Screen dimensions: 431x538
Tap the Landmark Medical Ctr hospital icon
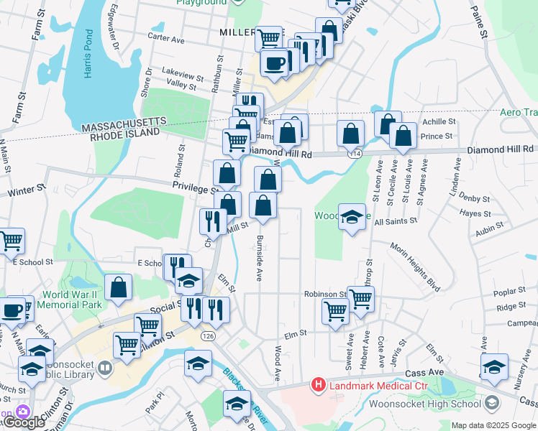[x=318, y=386]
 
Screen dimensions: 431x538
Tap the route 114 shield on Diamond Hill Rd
[x=355, y=154]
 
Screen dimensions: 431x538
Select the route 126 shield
[x=208, y=336]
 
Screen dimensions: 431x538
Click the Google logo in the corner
[x=23, y=422]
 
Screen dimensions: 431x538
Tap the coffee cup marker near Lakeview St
[x=275, y=63]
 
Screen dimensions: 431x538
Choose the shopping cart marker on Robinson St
[x=360, y=297]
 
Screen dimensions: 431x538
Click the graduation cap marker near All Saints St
[x=351, y=217]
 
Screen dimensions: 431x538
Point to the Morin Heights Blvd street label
[x=415, y=267]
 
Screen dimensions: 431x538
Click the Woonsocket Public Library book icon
[x=105, y=369]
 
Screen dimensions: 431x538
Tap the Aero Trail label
[x=519, y=113]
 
